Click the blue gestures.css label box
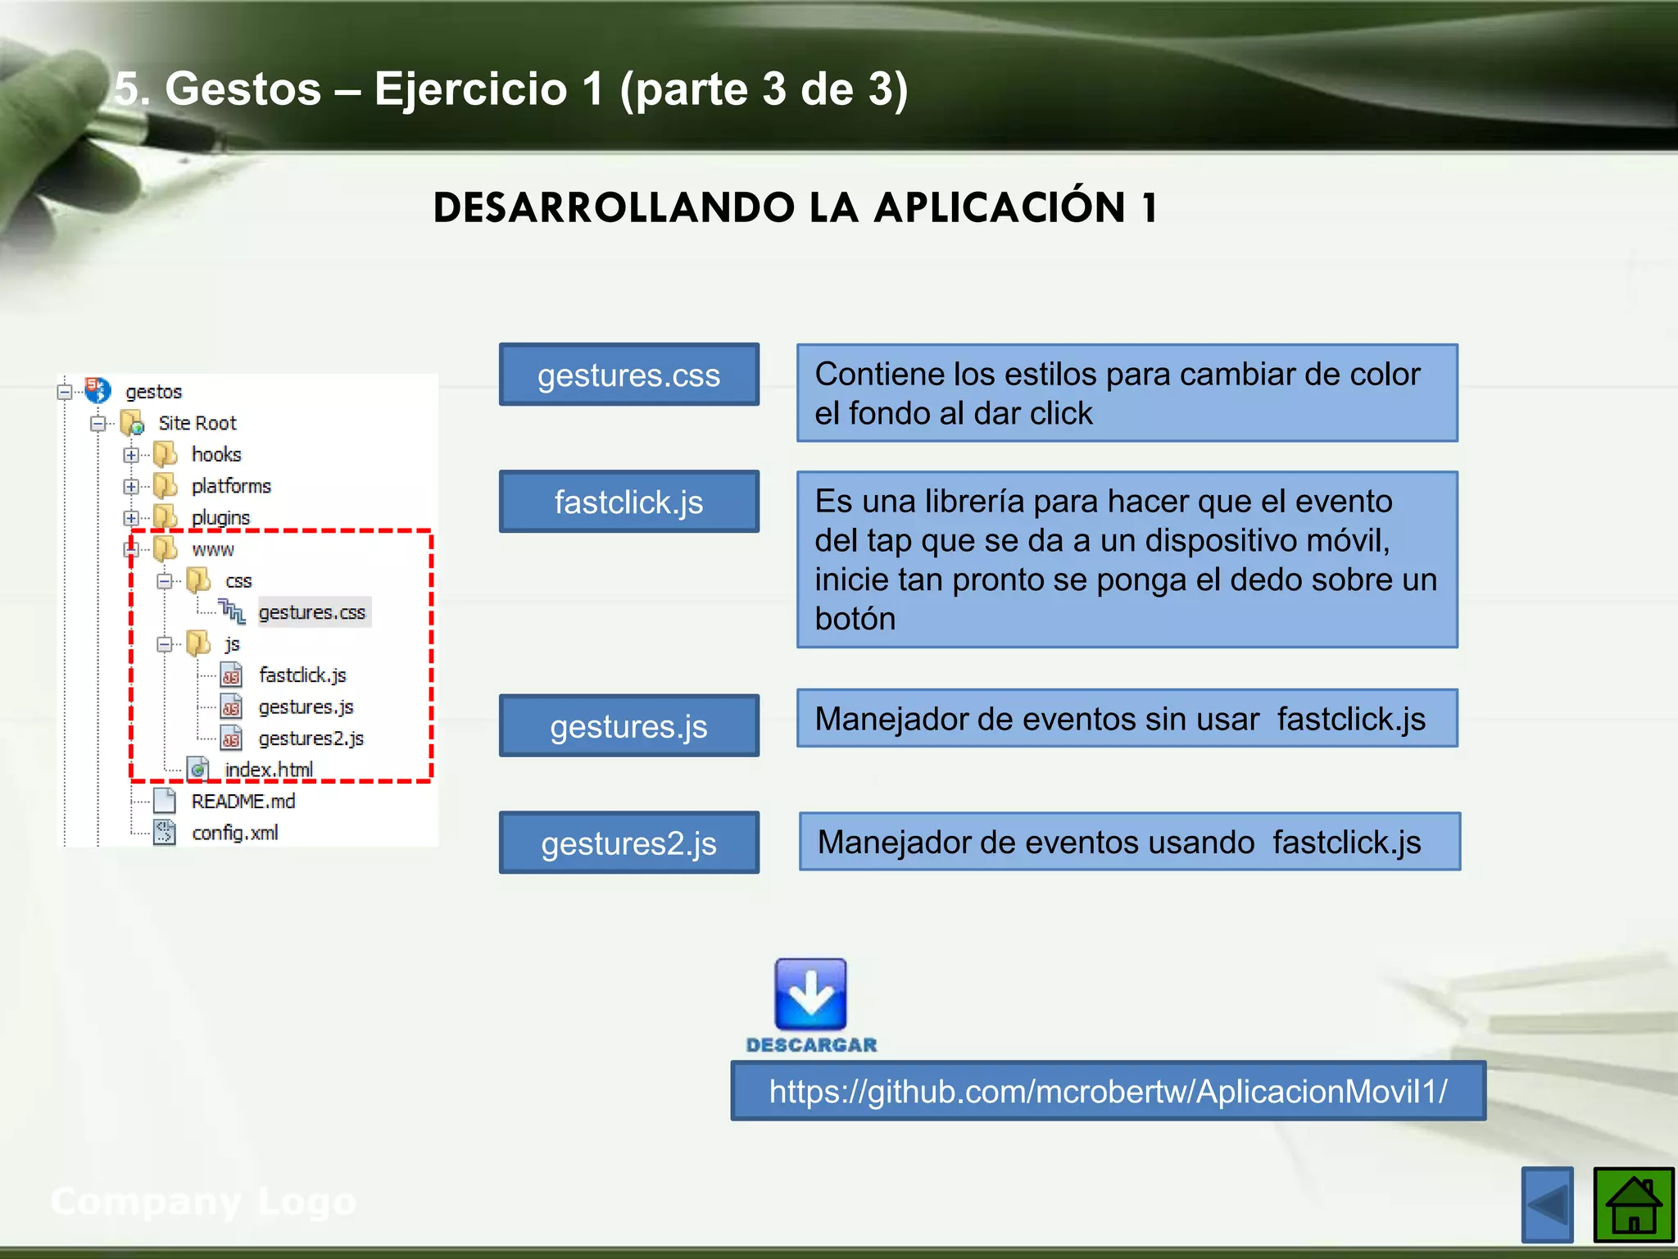pyautogui.click(x=628, y=375)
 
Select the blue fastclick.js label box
pyautogui.click(x=628, y=502)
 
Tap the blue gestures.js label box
pyautogui.click(x=628, y=726)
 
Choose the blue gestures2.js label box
pyautogui.click(x=628, y=843)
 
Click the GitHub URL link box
pyautogui.click(x=1108, y=1091)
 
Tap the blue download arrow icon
pyautogui.click(x=810, y=994)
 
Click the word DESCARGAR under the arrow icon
pyautogui.click(x=811, y=1045)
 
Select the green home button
pyautogui.click(x=1633, y=1205)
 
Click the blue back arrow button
pyautogui.click(x=1547, y=1205)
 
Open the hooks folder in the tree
pyautogui.click(x=215, y=454)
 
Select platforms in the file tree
pyautogui.click(x=230, y=486)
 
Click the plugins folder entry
pyautogui.click(x=220, y=518)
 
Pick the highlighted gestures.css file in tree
pyautogui.click(x=312, y=612)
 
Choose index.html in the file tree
pyautogui.click(x=268, y=770)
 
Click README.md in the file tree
pyautogui.click(x=243, y=801)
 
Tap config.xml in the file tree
pyautogui.click(x=234, y=833)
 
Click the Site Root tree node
pyautogui.click(x=197, y=423)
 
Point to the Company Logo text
pyautogui.click(x=203, y=1202)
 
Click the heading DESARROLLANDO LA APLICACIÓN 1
pyautogui.click(x=795, y=207)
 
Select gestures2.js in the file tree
pyautogui.click(x=311, y=739)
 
